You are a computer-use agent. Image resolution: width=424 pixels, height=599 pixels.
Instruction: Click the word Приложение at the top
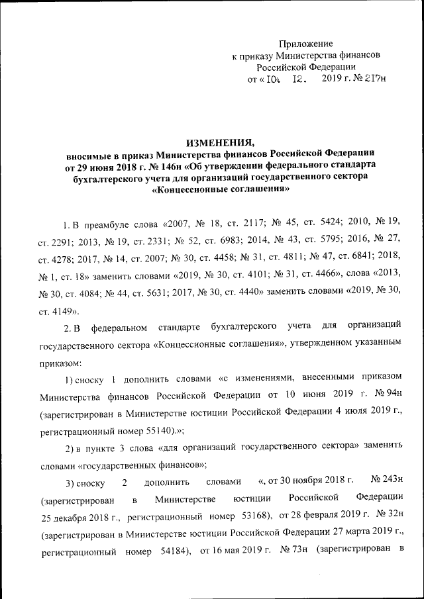pyautogui.click(x=305, y=43)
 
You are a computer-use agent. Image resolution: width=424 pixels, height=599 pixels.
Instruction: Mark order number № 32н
pyautogui.click(x=388, y=514)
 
